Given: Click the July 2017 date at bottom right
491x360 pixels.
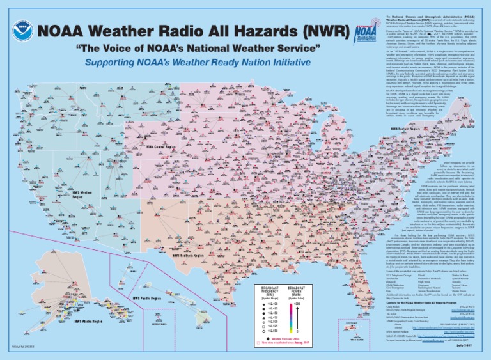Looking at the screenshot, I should [474, 352].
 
